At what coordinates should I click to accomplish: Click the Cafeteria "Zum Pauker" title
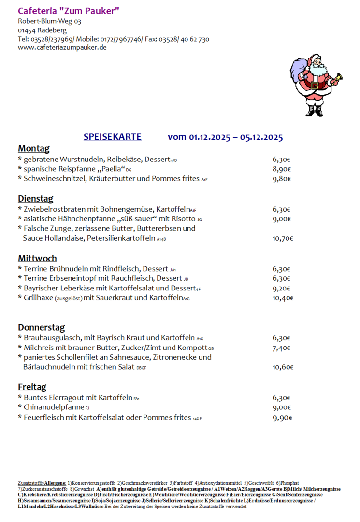click(x=69, y=11)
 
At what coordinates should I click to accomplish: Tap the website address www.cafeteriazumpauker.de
click(x=62, y=47)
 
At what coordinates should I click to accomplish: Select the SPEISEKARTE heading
click(x=113, y=137)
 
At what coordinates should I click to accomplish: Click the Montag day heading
click(x=34, y=148)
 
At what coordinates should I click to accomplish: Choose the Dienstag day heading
click(x=36, y=199)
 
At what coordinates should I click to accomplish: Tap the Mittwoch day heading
click(x=37, y=258)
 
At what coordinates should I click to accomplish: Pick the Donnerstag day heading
click(x=42, y=327)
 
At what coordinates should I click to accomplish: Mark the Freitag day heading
click(x=32, y=387)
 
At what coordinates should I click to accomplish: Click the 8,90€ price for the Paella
click(x=281, y=169)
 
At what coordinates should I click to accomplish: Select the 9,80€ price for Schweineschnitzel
click(x=281, y=179)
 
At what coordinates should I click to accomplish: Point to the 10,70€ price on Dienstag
click(x=283, y=238)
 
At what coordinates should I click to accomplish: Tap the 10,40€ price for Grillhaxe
click(x=283, y=298)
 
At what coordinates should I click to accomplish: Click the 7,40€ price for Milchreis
click(x=281, y=348)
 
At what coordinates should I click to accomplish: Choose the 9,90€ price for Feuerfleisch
click(x=282, y=418)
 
